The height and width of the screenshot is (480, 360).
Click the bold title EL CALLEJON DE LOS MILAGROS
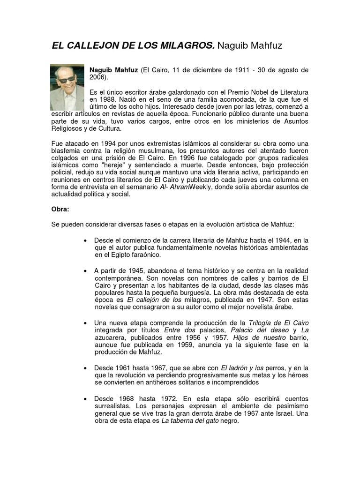point(133,46)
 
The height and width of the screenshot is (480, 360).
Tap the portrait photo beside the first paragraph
point(67,87)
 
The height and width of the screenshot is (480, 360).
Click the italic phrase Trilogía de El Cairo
point(278,323)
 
